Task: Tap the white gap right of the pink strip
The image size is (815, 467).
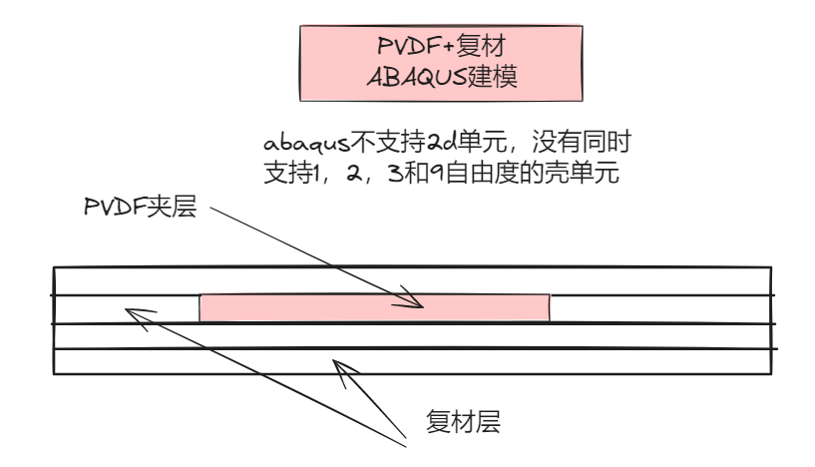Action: pos(658,308)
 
